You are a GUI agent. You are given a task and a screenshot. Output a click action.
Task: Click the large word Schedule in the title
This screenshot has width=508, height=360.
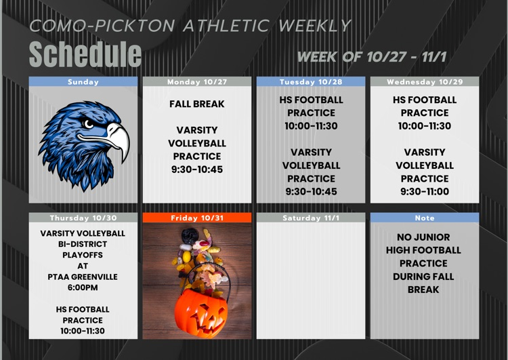click(85, 54)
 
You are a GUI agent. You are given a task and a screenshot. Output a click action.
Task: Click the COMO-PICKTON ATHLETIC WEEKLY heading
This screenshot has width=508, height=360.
click(190, 26)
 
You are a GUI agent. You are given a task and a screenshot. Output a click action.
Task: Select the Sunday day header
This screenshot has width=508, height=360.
click(83, 82)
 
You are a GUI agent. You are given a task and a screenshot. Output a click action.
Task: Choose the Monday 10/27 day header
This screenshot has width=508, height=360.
click(197, 82)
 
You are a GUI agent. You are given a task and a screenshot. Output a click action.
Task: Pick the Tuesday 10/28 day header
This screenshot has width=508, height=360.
click(311, 82)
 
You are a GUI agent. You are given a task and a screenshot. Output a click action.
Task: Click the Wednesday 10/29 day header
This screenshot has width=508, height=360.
click(425, 82)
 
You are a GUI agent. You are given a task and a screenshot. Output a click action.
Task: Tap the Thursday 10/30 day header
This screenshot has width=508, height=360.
click(83, 218)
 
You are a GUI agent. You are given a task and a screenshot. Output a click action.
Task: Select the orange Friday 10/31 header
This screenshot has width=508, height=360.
click(197, 218)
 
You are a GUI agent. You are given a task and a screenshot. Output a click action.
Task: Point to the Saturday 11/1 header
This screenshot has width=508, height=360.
click(311, 218)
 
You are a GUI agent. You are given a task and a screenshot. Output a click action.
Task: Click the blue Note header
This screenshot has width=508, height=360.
click(425, 218)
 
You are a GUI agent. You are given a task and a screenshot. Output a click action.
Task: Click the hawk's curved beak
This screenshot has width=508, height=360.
click(119, 139)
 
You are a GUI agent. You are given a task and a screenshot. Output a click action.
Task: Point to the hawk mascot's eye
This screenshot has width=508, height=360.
click(89, 125)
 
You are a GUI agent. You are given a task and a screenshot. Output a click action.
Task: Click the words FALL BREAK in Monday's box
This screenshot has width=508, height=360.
click(197, 104)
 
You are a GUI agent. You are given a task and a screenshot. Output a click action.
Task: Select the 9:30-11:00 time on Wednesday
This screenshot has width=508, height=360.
click(425, 192)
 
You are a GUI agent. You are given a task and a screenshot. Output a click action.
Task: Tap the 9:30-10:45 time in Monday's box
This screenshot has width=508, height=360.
click(197, 169)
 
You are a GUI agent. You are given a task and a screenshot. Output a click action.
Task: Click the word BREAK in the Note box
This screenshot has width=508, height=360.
click(423, 289)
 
